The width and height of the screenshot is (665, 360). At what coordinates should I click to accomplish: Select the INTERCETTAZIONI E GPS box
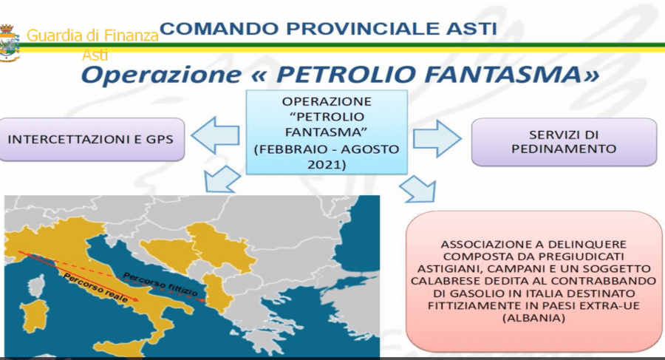91,139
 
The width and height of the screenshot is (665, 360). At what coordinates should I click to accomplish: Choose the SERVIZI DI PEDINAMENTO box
564,142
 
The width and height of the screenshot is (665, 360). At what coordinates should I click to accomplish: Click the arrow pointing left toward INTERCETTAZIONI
215,135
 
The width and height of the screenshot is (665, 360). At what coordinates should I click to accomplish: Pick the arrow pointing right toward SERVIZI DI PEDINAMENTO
437,138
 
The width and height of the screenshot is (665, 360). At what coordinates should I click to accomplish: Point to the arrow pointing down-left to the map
222,180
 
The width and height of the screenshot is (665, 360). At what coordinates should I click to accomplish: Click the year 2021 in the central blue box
327,164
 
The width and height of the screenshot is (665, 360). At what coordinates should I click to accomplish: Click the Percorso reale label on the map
96,288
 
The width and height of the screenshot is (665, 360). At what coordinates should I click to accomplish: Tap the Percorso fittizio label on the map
160,284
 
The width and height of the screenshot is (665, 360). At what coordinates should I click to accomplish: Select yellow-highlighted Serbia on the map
219,246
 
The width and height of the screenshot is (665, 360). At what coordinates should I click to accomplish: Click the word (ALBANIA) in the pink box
534,318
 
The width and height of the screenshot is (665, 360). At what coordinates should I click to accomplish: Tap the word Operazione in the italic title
162,75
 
